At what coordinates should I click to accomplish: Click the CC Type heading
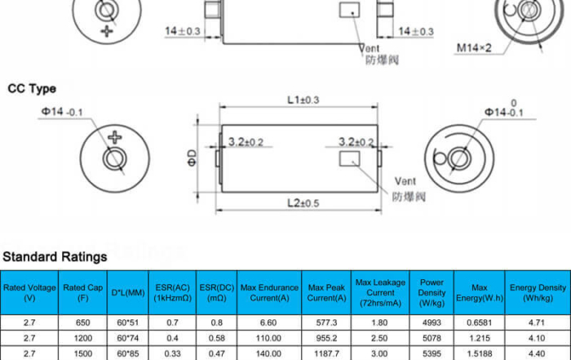point(32,88)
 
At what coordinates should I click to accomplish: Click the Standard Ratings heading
point(55,257)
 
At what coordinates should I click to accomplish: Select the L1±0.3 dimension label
point(303,100)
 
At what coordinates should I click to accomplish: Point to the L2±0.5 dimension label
point(303,203)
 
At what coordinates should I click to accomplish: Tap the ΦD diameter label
point(192,158)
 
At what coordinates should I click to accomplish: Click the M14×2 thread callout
point(474,47)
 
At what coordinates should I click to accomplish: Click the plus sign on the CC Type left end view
point(115,137)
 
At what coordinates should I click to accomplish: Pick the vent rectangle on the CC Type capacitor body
point(350,159)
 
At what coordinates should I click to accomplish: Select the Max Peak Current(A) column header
point(326,292)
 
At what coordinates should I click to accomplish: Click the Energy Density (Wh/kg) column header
point(538,292)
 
